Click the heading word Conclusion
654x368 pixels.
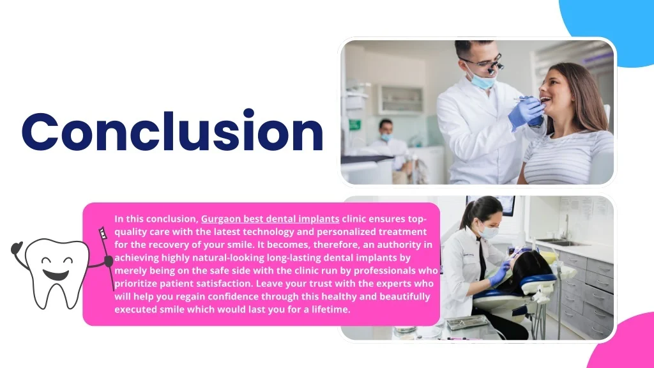172,131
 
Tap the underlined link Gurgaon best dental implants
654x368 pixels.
270,219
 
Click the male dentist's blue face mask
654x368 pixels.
483,80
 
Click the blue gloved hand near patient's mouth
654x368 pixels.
526,112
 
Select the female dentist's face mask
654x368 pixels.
489,231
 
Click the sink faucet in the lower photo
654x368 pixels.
566,227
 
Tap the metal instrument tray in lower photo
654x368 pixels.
467,322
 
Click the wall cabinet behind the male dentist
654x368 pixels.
401,99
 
